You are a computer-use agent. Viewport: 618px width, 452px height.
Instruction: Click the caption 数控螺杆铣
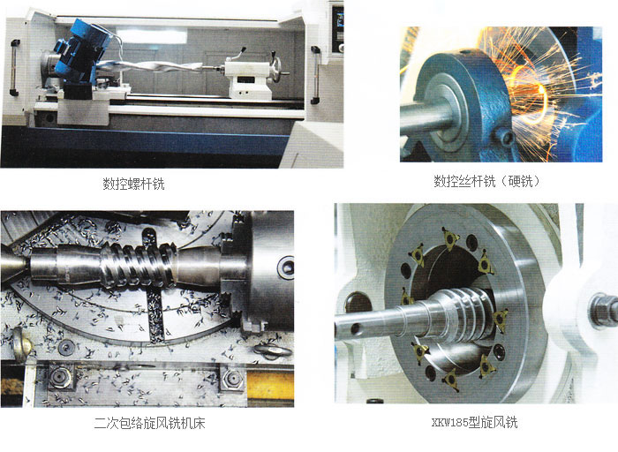(x=133, y=184)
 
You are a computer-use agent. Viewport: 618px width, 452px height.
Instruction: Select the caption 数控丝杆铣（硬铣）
(x=487, y=181)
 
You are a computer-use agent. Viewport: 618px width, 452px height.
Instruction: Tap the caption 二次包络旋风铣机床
(x=149, y=423)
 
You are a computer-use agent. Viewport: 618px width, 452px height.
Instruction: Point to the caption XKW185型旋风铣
(x=474, y=423)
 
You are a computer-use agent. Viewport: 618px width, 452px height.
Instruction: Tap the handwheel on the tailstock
(x=277, y=70)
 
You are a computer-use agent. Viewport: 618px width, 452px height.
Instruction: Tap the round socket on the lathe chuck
(x=286, y=267)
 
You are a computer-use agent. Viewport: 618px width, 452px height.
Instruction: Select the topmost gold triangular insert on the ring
(x=449, y=238)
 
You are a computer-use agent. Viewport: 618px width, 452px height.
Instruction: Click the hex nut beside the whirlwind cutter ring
(x=603, y=310)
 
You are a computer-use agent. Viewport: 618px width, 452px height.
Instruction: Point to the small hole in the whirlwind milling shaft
(x=356, y=328)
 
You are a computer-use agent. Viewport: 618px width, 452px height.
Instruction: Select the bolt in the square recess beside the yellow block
(x=232, y=379)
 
